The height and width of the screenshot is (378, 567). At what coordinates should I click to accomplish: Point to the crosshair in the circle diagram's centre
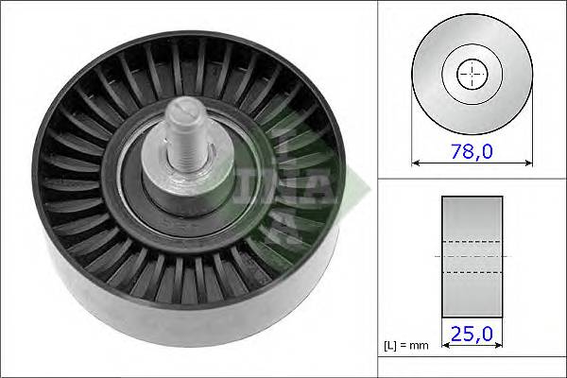(x=472, y=74)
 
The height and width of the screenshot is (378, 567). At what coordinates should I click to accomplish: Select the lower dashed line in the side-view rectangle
(x=472, y=273)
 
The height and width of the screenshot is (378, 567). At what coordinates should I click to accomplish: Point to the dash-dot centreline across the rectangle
(x=472, y=255)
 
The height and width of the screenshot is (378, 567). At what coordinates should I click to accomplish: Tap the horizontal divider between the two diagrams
(x=472, y=179)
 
